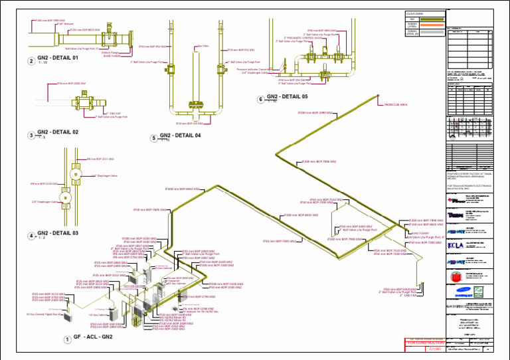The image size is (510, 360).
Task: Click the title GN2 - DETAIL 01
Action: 58,58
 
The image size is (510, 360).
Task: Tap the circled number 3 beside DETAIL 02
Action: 31,135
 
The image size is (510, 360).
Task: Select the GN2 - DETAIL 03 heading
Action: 58,233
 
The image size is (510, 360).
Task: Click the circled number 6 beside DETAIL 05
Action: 261,100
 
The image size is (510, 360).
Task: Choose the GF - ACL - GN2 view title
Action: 93,337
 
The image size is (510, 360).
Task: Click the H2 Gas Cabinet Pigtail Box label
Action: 43,314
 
